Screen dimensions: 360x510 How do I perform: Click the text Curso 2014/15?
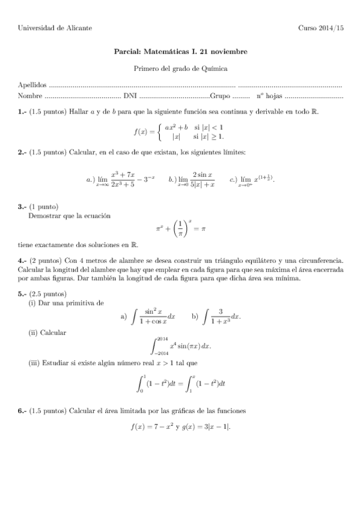point(321,28)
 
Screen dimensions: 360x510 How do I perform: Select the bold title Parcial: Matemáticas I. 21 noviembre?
point(180,52)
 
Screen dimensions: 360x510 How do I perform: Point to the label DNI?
point(129,96)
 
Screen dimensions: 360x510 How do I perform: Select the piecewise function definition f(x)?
point(178,132)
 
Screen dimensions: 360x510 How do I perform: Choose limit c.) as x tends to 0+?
point(252,179)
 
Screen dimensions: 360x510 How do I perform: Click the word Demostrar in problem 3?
point(45,215)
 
